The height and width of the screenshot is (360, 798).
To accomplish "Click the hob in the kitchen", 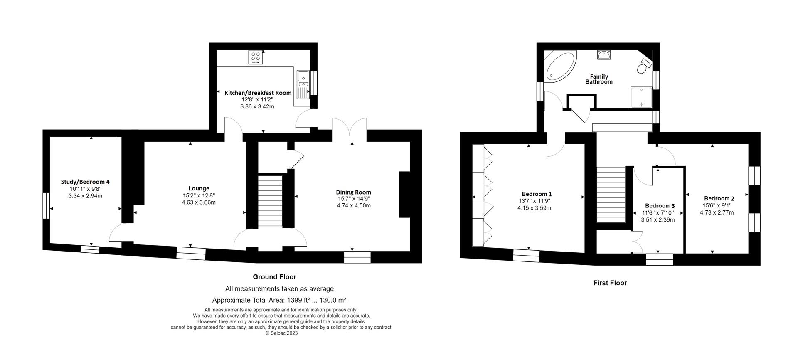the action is pyautogui.click(x=256, y=57).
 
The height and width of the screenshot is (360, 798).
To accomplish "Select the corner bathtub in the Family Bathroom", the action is pyautogui.click(x=560, y=67).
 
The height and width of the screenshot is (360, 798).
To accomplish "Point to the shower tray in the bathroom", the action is pyautogui.click(x=641, y=97).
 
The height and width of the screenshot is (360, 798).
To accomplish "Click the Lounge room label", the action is pyautogui.click(x=199, y=188).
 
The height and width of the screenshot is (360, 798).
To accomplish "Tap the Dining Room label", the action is pyautogui.click(x=353, y=192).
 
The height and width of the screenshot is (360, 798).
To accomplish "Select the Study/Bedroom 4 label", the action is pyautogui.click(x=85, y=182).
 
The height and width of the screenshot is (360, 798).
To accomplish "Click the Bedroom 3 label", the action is pyautogui.click(x=660, y=206).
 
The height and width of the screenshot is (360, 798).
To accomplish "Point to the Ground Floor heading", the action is pyautogui.click(x=275, y=277).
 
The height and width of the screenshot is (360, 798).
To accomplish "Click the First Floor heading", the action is pyautogui.click(x=610, y=283).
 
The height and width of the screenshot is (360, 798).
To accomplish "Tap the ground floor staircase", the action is pyautogui.click(x=270, y=201).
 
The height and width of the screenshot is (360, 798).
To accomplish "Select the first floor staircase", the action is pyautogui.click(x=611, y=195).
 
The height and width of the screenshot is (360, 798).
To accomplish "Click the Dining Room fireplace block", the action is pyautogui.click(x=404, y=195).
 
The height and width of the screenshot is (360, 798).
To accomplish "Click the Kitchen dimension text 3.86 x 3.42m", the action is pyautogui.click(x=257, y=106).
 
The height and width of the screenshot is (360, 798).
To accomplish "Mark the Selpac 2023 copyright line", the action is pyautogui.click(x=281, y=333).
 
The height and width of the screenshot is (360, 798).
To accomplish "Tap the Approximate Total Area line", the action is pyautogui.click(x=279, y=300).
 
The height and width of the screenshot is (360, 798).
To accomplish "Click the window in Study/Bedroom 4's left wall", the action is pyautogui.click(x=46, y=205).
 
